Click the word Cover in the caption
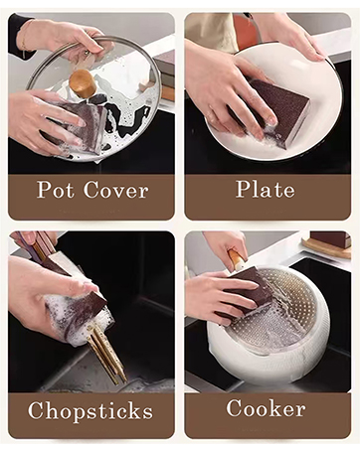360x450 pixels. point(115,190)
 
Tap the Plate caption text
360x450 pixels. point(266,189)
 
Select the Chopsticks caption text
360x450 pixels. point(90,411)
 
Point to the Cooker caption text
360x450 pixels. point(266,407)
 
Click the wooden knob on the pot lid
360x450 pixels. point(84,83)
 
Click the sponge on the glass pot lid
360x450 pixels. point(82,127)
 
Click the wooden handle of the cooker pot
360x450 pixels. point(237,259)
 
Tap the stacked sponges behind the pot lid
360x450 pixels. point(164,76)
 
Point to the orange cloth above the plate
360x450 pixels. point(245,29)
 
